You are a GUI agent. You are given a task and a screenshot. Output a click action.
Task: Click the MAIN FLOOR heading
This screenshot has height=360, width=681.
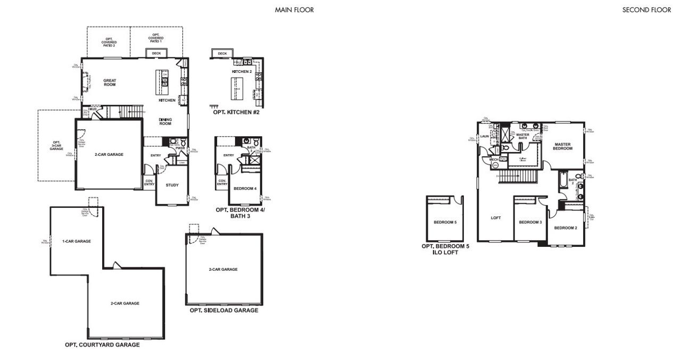coord(294,10)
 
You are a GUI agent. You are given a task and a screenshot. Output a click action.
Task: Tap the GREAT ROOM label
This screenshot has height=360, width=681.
coord(110,82)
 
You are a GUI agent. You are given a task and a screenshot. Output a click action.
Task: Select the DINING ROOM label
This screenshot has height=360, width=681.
coord(165,121)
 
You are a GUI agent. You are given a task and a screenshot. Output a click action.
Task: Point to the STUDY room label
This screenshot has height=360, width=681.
coord(172,185)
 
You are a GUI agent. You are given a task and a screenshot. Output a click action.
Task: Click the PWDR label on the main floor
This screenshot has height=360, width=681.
coord(172,148)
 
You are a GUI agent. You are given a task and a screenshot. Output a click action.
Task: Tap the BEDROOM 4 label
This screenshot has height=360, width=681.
coord(245,188)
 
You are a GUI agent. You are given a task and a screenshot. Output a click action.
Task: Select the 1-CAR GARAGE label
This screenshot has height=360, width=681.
coord(76,241)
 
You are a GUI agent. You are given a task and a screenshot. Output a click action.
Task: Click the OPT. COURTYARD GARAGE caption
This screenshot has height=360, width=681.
coord(102,345)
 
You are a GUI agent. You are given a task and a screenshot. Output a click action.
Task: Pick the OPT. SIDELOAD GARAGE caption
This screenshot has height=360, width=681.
coord(224,311)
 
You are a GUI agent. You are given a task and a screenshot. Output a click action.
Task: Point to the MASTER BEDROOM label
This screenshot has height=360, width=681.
coord(563,146)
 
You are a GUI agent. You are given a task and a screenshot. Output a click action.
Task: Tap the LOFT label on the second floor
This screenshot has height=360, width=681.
coord(495,217)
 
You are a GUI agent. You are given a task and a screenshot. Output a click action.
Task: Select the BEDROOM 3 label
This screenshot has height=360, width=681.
coord(530,222)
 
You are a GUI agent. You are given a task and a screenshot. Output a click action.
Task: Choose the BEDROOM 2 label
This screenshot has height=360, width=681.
coord(565,228)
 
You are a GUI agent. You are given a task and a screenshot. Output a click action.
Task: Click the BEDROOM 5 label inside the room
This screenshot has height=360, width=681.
coord(445,222)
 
